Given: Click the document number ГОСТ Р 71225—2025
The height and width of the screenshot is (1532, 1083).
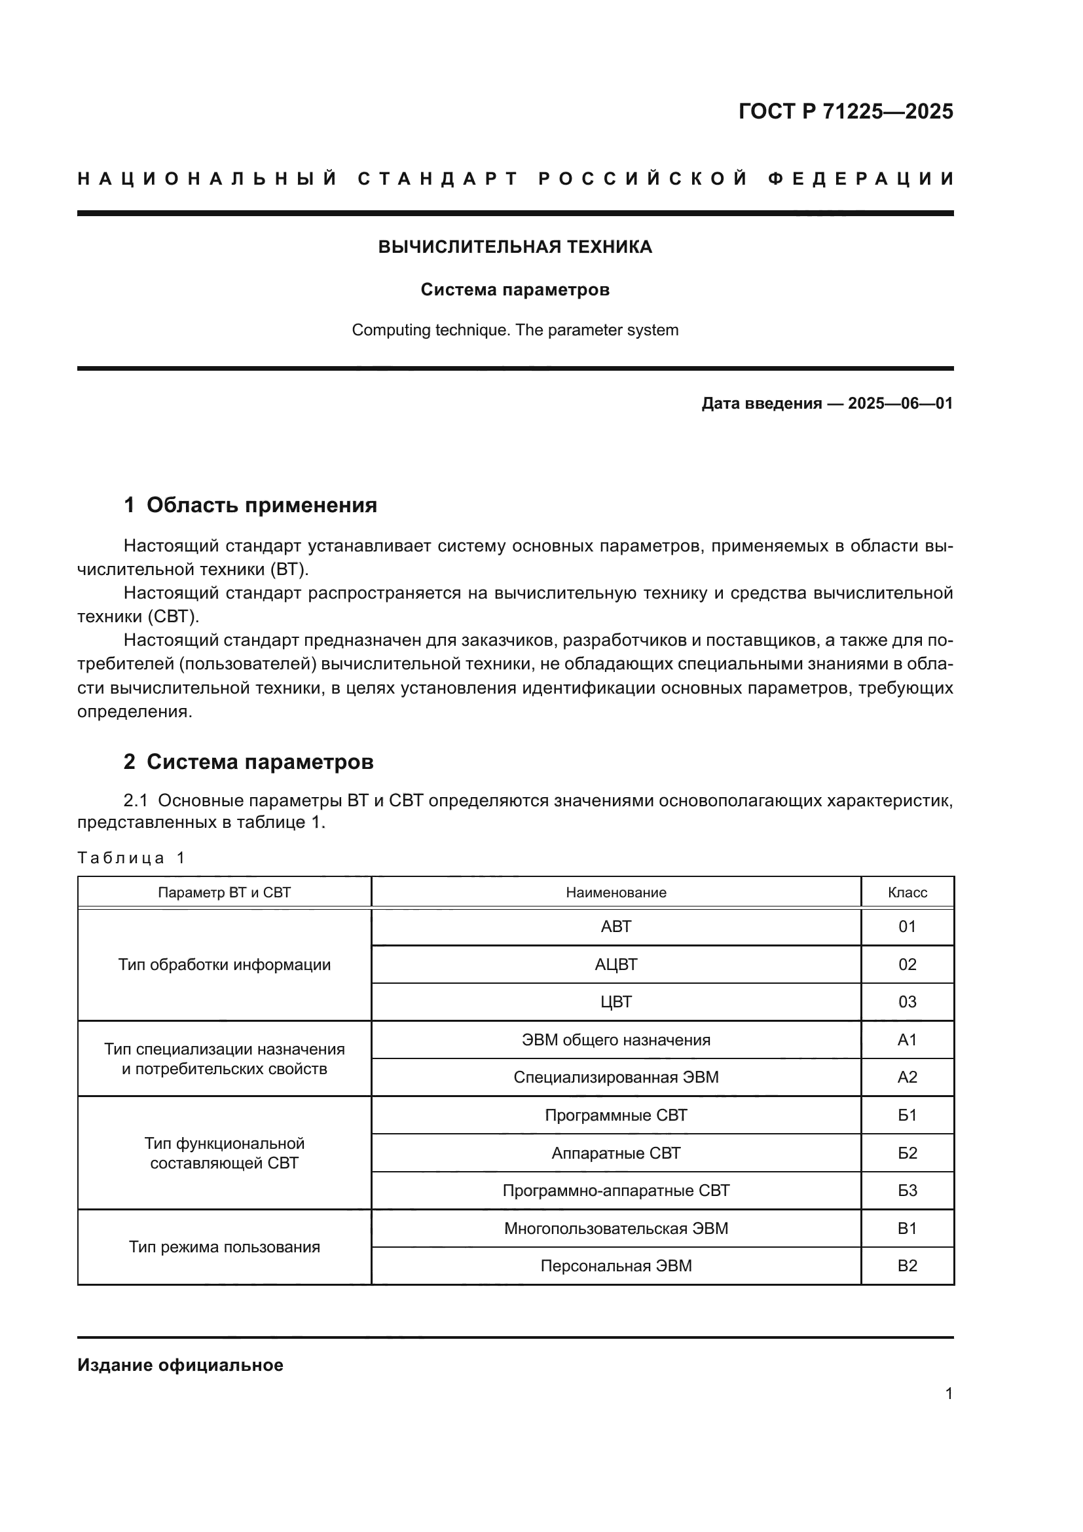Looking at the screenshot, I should [x=845, y=111].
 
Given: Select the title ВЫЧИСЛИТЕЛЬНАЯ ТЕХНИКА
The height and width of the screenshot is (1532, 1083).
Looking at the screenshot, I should [x=515, y=247].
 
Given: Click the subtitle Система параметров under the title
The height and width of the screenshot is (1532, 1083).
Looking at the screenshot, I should [x=515, y=290].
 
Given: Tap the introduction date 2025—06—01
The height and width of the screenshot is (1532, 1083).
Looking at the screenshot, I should [x=900, y=403].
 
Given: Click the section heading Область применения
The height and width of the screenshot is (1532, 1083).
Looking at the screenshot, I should [x=261, y=505].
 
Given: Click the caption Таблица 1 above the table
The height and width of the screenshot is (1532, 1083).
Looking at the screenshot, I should [x=131, y=858].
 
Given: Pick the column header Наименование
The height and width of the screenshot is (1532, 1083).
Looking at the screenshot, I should [x=615, y=893].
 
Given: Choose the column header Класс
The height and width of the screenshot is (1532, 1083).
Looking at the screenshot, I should [x=907, y=893].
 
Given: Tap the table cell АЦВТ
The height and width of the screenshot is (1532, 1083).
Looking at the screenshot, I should [x=615, y=964].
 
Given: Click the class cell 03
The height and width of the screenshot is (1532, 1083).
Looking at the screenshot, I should [x=907, y=1001].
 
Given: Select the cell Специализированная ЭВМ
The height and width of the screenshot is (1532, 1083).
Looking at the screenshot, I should [x=615, y=1077].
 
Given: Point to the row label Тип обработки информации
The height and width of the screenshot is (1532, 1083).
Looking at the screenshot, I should [x=224, y=964].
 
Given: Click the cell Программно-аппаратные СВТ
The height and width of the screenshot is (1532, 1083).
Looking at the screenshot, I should [x=615, y=1190].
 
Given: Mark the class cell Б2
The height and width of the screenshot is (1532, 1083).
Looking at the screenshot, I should [x=907, y=1153].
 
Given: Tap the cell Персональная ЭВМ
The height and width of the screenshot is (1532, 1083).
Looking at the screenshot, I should [x=615, y=1266].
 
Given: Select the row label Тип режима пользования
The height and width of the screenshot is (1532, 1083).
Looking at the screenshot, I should [x=224, y=1247].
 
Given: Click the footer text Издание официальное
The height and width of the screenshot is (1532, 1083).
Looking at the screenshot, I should [x=180, y=1365].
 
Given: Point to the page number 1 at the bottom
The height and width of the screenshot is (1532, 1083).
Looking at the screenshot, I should [x=948, y=1393].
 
